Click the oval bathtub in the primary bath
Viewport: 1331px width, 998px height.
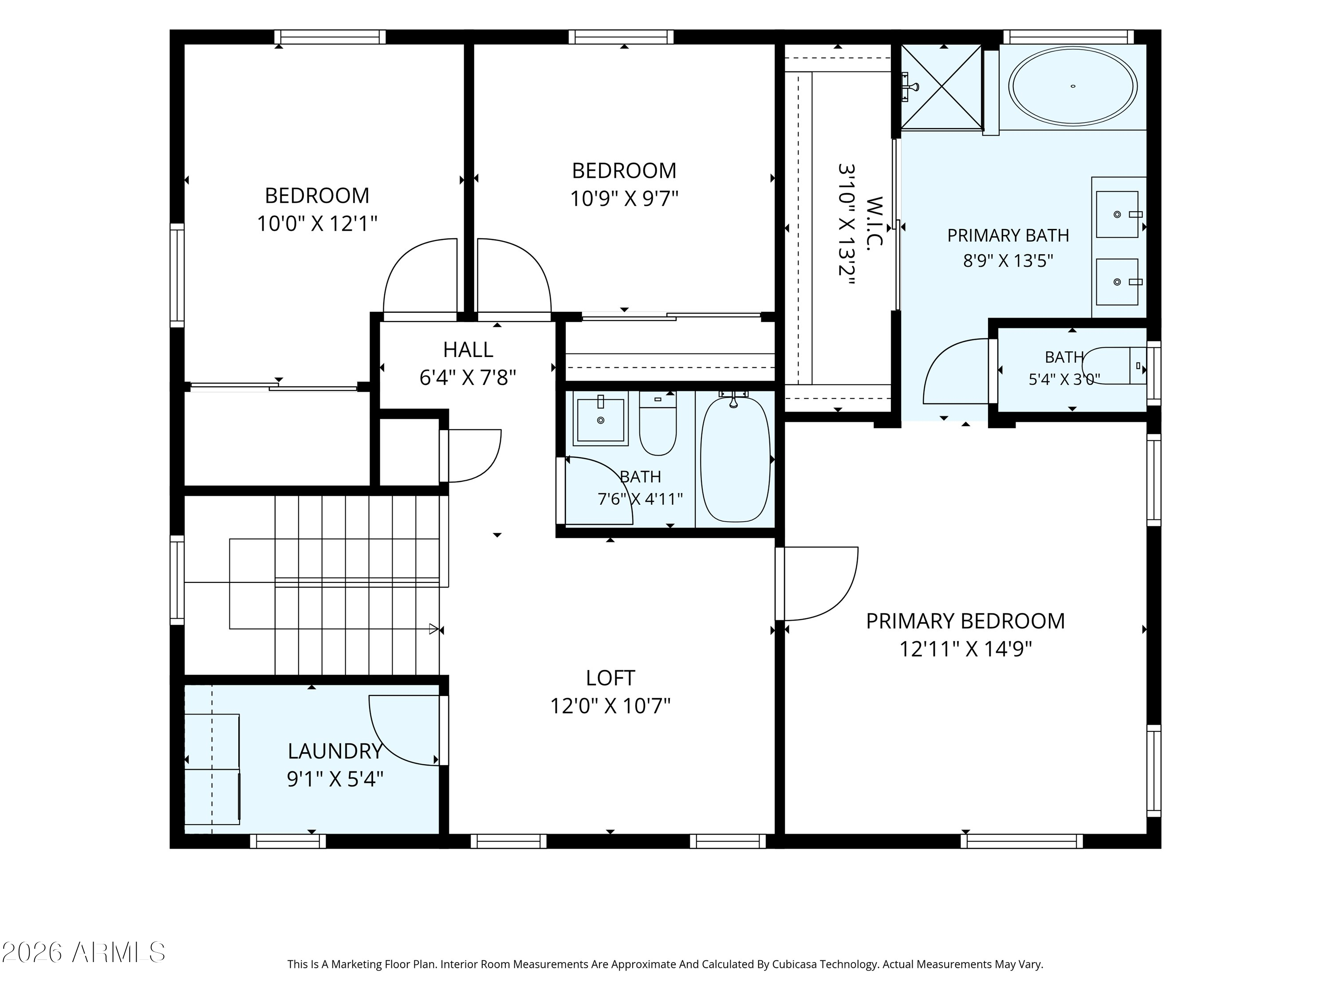[x=1073, y=86]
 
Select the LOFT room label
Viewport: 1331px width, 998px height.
[x=610, y=678]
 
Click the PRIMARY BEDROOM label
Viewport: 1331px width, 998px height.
[x=965, y=621]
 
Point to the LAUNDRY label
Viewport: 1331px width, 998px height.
[x=335, y=751]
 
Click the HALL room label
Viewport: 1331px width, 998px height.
[x=468, y=350]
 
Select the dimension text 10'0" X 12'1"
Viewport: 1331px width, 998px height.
[x=317, y=224]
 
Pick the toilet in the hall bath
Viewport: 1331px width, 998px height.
[x=658, y=424]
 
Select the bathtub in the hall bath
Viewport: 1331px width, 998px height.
[x=735, y=458]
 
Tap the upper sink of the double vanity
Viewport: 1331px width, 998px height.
[x=1118, y=214]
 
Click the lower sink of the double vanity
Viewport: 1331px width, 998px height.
[x=1118, y=282]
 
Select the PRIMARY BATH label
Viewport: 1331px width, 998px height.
[x=1008, y=235]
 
